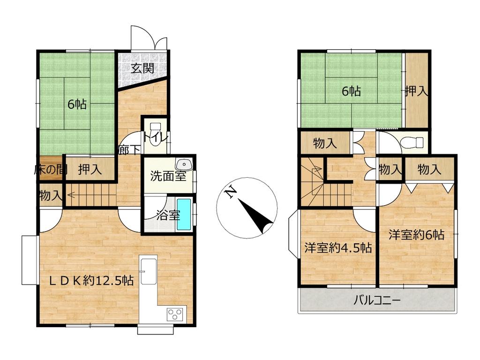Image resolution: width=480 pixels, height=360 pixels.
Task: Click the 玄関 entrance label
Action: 142,68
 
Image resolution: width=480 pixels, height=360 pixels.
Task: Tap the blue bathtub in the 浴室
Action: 184,215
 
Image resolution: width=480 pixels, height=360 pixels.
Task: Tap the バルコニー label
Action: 377,300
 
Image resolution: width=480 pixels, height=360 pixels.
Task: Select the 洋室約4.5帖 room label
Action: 338,247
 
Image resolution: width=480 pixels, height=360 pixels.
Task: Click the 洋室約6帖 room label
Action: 417,235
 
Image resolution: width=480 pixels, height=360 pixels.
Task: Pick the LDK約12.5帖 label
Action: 91,280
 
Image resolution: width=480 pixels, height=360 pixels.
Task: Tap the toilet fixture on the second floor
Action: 412,142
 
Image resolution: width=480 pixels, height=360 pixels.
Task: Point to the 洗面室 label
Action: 168,176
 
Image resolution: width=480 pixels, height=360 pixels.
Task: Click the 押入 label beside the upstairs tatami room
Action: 416,91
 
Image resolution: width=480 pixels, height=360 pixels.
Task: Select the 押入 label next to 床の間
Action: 90,169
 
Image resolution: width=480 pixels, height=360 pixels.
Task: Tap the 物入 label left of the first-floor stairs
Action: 49,195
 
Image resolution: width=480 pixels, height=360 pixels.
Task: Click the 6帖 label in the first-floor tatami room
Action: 77,105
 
